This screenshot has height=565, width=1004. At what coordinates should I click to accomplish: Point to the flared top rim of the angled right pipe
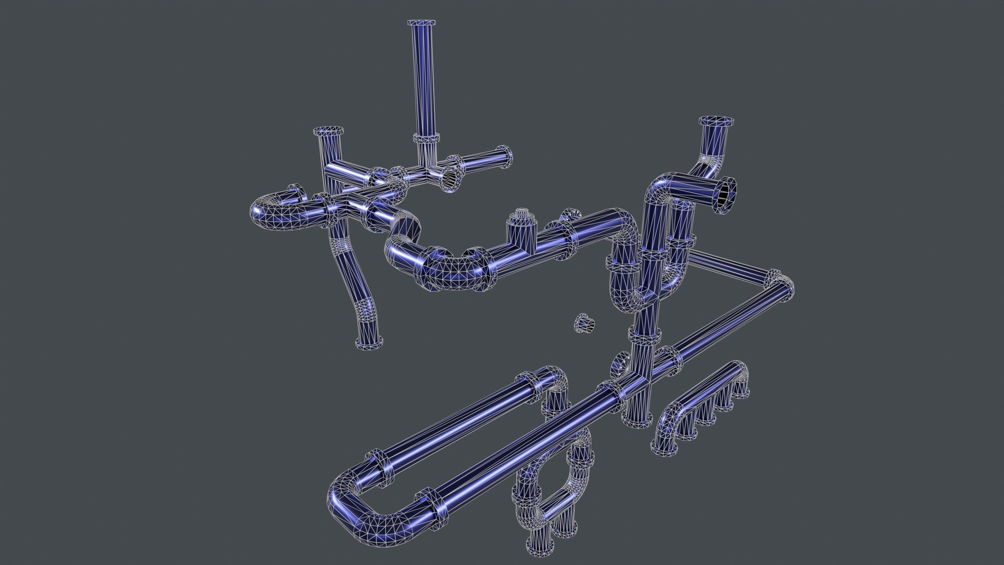click(717, 120)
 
